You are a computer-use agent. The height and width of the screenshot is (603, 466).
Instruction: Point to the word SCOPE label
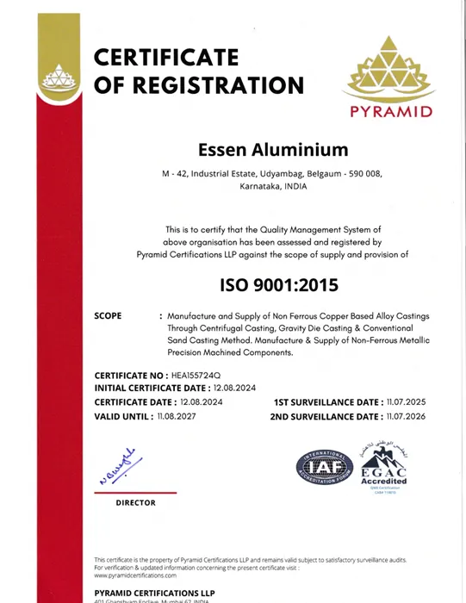[108, 316]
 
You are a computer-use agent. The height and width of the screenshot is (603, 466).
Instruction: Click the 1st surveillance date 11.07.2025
[407, 402]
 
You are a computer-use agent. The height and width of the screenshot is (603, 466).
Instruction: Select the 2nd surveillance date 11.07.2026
[407, 416]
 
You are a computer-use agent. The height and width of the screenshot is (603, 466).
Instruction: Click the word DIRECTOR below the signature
[135, 502]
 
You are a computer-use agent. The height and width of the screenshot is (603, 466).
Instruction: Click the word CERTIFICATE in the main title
[165, 57]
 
